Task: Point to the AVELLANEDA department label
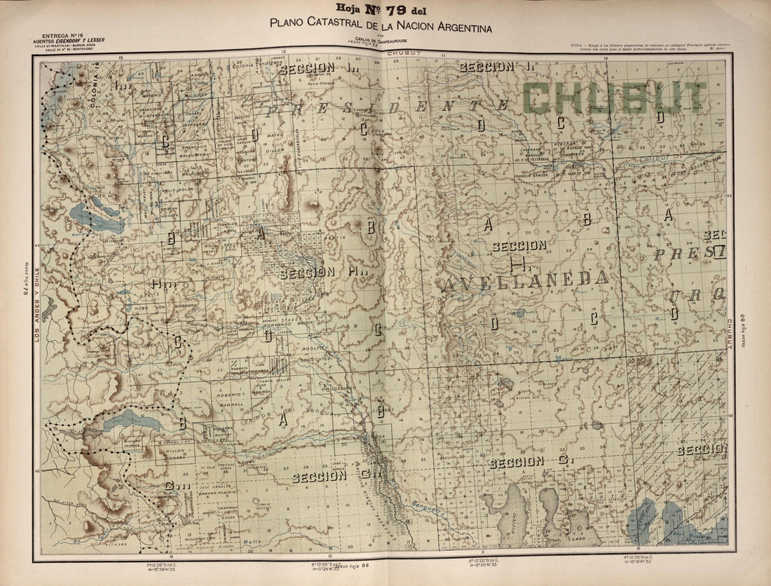[526, 279]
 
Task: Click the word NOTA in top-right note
[580, 44]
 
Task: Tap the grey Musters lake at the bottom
[516, 512]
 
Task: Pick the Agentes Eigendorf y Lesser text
[74, 41]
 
